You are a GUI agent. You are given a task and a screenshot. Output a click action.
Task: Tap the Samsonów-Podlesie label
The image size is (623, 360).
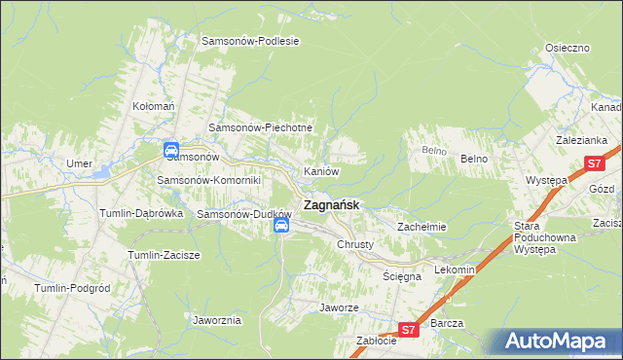[x=249, y=41]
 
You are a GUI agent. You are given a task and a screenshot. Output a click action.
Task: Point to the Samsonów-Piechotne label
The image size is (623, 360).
[x=261, y=127]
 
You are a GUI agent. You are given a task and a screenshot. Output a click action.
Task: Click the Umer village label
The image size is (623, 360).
[x=78, y=163]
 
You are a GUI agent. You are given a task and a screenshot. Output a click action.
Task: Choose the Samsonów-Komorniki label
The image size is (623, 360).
[x=209, y=180]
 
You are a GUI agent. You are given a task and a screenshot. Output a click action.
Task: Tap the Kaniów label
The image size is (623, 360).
[x=321, y=171]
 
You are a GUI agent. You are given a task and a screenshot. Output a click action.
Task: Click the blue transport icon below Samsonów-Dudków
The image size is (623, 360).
[x=281, y=227]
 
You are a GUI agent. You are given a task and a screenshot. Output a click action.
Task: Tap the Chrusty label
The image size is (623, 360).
[x=355, y=244]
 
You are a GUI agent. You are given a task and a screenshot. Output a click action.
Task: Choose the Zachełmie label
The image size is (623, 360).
[x=421, y=227]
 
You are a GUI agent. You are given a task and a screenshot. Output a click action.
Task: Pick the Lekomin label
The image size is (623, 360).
[x=455, y=270]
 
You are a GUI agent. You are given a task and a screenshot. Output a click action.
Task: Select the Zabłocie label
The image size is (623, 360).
[x=376, y=341]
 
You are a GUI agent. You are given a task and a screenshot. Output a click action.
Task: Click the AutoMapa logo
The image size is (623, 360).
[x=559, y=341]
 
